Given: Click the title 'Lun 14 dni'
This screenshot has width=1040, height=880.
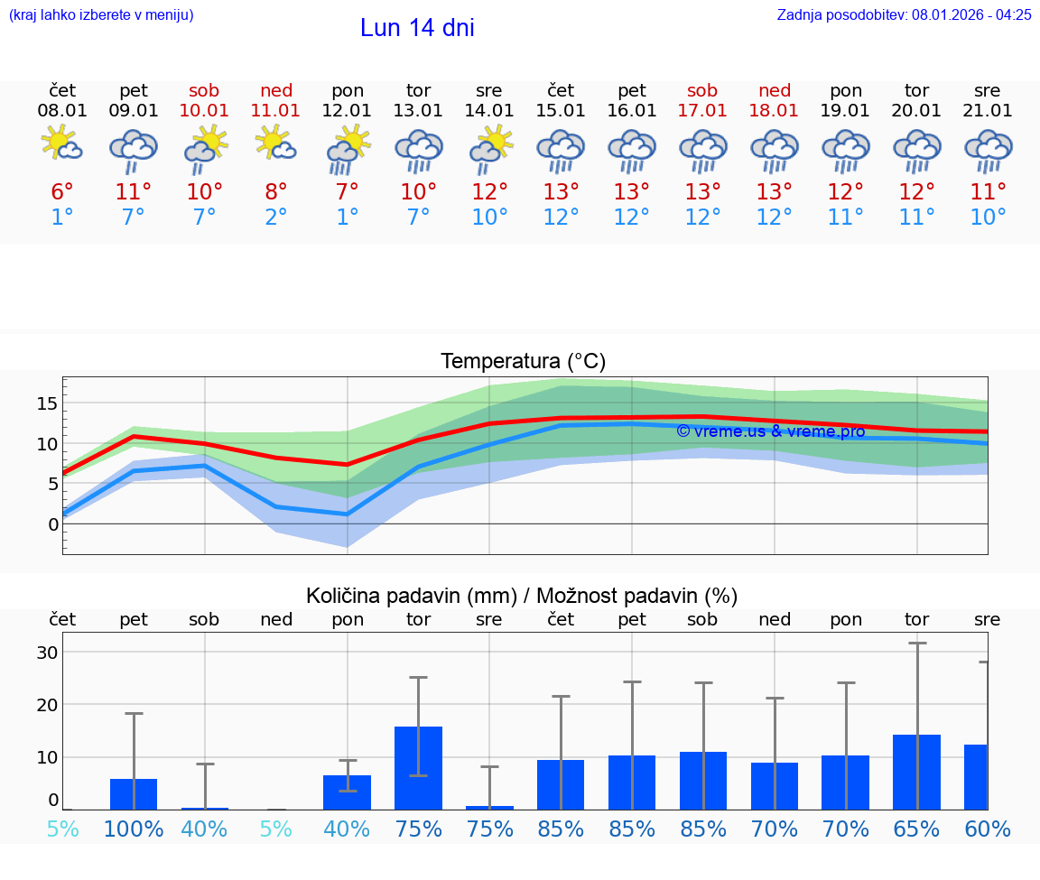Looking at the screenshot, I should [x=417, y=29].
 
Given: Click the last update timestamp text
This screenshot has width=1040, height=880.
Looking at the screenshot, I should [x=904, y=15].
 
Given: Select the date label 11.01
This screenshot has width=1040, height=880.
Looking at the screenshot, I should [x=276, y=111].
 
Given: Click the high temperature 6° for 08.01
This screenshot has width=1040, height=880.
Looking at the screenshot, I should [x=62, y=192].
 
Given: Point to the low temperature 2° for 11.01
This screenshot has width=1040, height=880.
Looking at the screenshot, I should [x=276, y=218].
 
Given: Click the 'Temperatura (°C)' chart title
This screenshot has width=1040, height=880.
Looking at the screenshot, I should [x=523, y=362].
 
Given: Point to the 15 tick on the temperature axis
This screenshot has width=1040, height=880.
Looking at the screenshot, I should [x=47, y=403].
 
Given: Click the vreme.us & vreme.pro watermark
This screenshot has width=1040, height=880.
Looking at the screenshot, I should [x=770, y=431].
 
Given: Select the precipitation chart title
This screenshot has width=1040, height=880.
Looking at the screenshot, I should [x=522, y=596].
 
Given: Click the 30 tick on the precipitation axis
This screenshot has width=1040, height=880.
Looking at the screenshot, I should [x=47, y=653].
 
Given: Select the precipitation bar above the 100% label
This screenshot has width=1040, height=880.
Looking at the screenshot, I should [x=134, y=793].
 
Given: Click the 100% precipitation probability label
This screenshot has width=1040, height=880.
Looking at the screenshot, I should [x=134, y=829].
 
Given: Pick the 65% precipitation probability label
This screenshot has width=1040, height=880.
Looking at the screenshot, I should [x=916, y=829].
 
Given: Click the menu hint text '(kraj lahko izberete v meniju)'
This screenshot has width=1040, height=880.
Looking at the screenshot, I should [x=101, y=15].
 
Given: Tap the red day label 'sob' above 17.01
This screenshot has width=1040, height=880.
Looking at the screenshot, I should [x=702, y=90].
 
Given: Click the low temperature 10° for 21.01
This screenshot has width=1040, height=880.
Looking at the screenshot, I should [x=988, y=218].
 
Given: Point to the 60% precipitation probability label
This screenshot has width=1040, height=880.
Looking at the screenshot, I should [x=988, y=829].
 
